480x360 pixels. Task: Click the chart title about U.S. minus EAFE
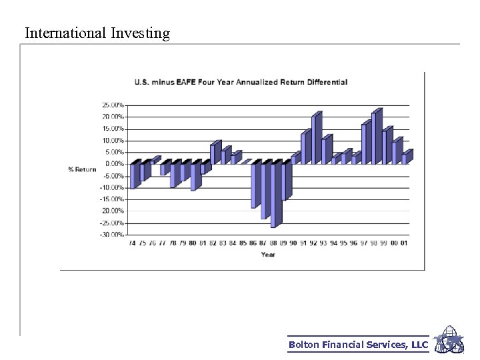pos(241,82)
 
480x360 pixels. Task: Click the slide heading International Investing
pos(97,33)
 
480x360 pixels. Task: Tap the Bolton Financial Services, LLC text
pos(358,345)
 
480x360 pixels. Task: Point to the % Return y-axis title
pos(82,169)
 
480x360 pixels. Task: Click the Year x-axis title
pos(268,254)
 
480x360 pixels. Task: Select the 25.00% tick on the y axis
pos(112,105)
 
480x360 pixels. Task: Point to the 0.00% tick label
pos(114,164)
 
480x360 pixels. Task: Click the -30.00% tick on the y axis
pos(111,235)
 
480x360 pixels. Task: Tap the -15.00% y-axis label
pos(111,199)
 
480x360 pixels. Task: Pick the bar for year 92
pos(315,140)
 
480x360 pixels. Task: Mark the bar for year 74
pos(133,175)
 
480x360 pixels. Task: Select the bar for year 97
pos(365,143)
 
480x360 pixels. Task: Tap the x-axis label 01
pos(404,243)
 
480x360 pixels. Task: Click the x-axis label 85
pos(243,243)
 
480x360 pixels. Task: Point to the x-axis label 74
pos(132,243)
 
